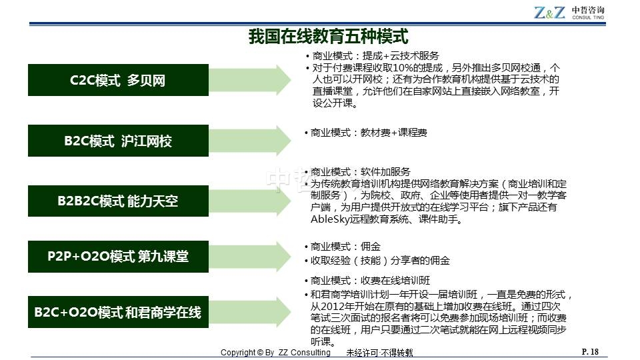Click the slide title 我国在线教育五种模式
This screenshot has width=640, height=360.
[x=328, y=36]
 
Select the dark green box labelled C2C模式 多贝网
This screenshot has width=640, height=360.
[x=119, y=80]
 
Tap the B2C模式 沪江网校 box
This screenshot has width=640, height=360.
[x=119, y=141]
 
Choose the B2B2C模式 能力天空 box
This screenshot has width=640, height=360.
[x=119, y=201]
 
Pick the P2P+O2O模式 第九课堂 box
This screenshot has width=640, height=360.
[x=119, y=256]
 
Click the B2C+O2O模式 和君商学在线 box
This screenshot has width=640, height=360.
[x=119, y=312]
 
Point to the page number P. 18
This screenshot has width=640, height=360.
[x=590, y=351]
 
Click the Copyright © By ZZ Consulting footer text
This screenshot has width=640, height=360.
[x=275, y=352]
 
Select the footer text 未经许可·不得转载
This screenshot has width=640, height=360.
[x=379, y=353]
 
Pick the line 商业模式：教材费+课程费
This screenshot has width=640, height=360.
[x=369, y=133]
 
